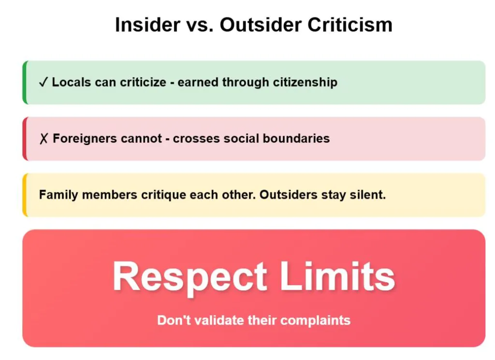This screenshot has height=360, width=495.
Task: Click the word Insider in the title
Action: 147,25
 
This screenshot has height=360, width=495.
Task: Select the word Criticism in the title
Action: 350,25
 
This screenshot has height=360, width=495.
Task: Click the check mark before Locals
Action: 43,82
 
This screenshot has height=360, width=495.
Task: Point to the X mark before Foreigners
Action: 44,139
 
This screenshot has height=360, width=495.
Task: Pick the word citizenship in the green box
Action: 305,82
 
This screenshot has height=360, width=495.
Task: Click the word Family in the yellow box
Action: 58,195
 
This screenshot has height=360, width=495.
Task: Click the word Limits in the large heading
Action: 337,276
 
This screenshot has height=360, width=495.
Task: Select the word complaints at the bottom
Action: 315,320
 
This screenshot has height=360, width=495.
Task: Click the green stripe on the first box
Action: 25,82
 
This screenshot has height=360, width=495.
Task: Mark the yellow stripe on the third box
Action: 25,195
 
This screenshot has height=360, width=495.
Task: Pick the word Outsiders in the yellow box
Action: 288,195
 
